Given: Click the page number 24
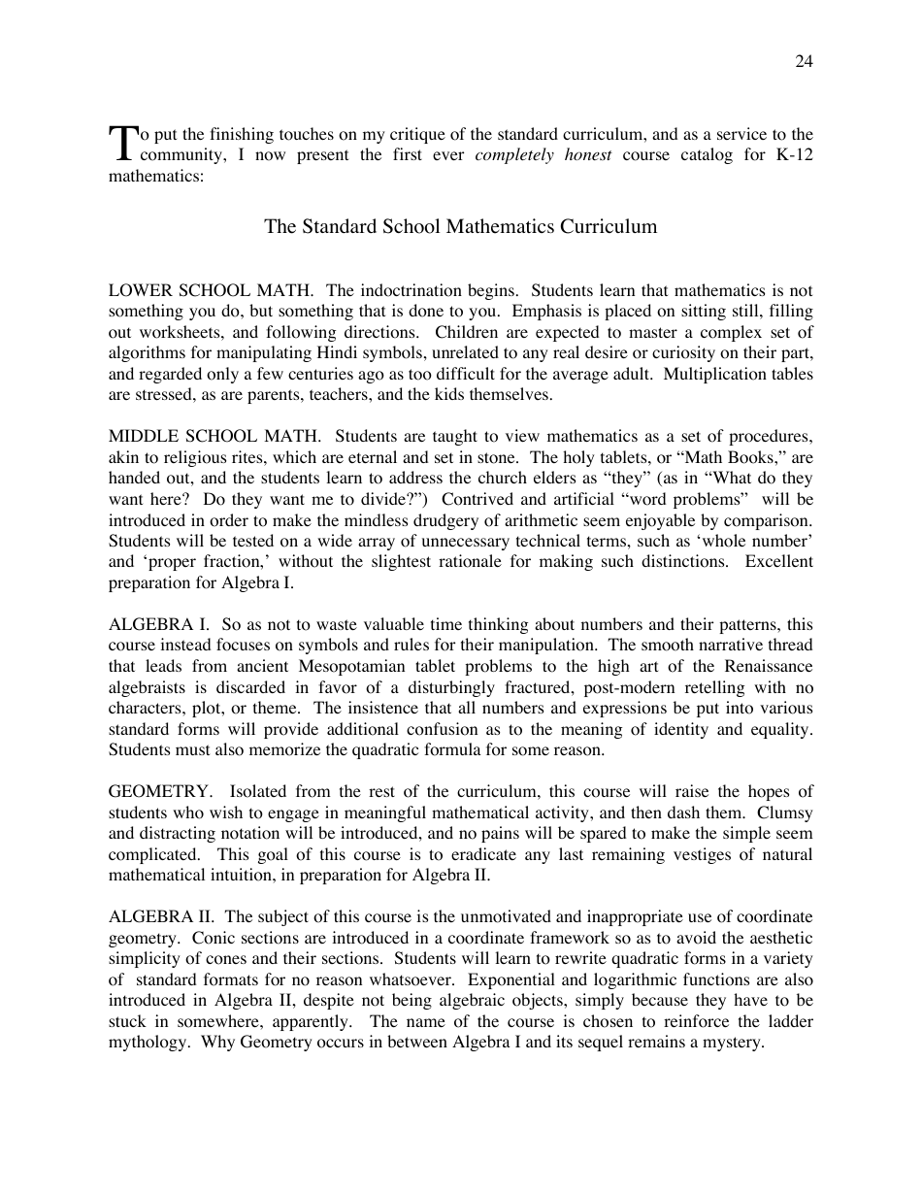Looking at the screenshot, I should [x=804, y=61].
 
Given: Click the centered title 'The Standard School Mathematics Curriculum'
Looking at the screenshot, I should [x=460, y=226].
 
